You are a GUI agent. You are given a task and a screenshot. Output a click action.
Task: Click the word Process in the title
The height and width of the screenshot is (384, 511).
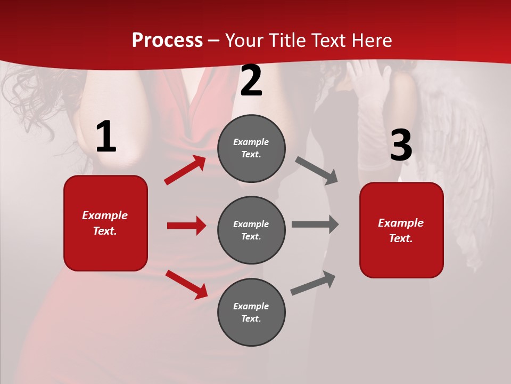pyautogui.click(x=167, y=41)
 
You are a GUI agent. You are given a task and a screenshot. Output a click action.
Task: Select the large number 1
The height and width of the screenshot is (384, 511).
pyautogui.click(x=106, y=137)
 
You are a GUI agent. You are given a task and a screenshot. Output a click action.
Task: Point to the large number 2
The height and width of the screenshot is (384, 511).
pyautogui.click(x=251, y=81)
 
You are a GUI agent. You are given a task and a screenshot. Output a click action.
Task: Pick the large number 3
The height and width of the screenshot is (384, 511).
pyautogui.click(x=401, y=146)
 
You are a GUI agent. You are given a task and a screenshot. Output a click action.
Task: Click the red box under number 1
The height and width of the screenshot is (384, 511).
pyautogui.click(x=105, y=223)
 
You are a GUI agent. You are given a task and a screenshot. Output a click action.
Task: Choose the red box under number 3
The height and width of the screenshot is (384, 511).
pyautogui.click(x=401, y=230)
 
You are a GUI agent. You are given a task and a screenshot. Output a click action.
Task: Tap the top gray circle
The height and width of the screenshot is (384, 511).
pyautogui.click(x=251, y=148)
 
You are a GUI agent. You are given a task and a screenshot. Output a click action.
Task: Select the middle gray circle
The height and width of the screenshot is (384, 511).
pyautogui.click(x=251, y=230)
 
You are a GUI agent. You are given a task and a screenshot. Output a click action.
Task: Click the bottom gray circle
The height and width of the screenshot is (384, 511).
pyautogui.click(x=251, y=312)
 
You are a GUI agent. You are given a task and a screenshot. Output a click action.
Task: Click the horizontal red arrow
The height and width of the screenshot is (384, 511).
pyautogui.click(x=186, y=226)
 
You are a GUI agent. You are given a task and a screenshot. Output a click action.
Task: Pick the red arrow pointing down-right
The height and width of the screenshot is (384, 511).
pyautogui.click(x=187, y=284)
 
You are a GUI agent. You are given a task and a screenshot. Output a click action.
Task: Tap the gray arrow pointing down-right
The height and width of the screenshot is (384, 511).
pyautogui.click(x=317, y=171)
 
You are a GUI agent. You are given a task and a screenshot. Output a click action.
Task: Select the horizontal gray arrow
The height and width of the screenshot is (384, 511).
pyautogui.click(x=315, y=225)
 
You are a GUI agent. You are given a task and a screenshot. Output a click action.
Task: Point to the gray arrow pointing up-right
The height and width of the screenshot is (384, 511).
pyautogui.click(x=314, y=283)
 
